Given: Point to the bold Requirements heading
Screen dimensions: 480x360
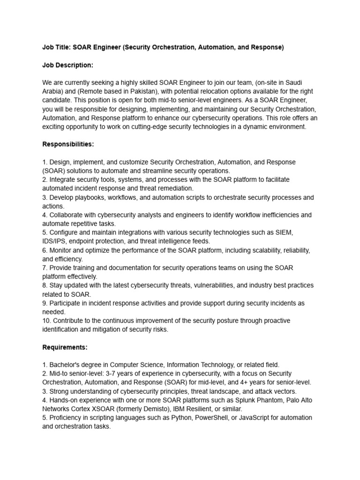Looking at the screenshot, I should [65, 347].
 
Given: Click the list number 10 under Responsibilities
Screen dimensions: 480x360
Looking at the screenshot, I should [46, 321].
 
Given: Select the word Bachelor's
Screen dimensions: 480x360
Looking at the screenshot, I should [66, 365].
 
